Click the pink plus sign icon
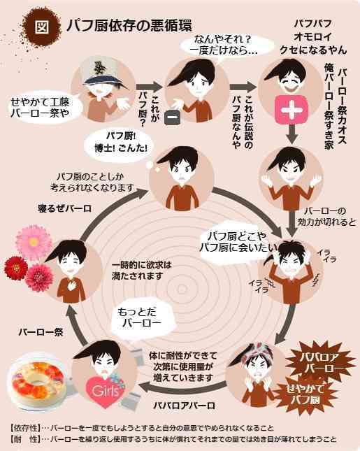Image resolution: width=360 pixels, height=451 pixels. [291, 110]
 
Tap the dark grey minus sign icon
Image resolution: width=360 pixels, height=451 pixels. [173, 117]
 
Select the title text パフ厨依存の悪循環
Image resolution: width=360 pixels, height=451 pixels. [129, 25]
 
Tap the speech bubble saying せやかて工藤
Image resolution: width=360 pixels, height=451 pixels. [43, 107]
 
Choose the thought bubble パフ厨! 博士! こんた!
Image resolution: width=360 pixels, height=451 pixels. [120, 143]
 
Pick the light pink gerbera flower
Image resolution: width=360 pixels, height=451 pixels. [34, 242]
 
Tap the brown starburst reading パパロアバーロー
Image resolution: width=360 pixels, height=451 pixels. [319, 363]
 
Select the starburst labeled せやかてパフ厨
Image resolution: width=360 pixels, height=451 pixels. [303, 395]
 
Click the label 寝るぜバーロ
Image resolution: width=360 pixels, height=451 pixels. [64, 208]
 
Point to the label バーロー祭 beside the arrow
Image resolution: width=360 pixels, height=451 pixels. [41, 332]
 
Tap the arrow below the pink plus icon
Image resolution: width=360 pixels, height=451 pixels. [292, 135]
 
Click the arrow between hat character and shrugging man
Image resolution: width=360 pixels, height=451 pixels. [149, 87]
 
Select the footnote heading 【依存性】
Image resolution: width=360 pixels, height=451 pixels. [25, 429]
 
